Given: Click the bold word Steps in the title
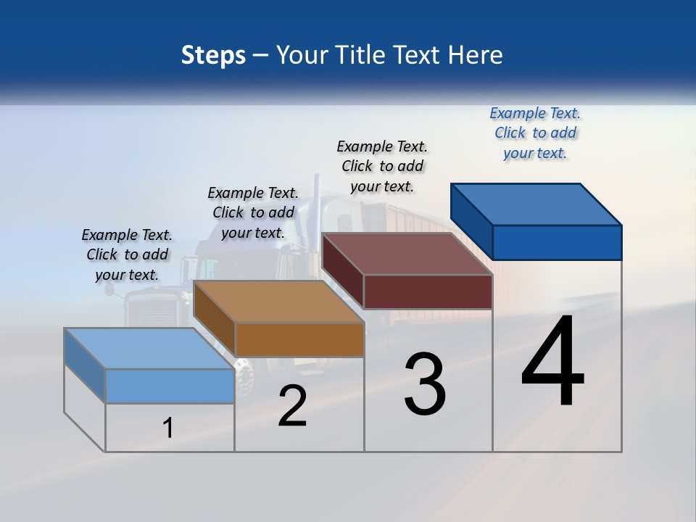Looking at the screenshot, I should point(213,55).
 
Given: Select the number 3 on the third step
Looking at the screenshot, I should point(425,384).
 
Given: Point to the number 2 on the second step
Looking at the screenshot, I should point(292,406).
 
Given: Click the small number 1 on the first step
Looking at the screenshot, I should point(167,428).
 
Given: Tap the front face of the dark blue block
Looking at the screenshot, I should point(557,242).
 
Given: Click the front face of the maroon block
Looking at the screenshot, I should point(428,291).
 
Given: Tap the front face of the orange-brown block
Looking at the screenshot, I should point(299,339).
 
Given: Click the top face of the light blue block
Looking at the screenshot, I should point(149,349).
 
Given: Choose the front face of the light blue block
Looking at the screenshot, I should point(170,386).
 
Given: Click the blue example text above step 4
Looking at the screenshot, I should point(535,133).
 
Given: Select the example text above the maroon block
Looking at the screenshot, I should point(382,166).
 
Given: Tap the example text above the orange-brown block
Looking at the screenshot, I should point(253,212).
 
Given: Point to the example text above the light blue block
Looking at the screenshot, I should point(127,254).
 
